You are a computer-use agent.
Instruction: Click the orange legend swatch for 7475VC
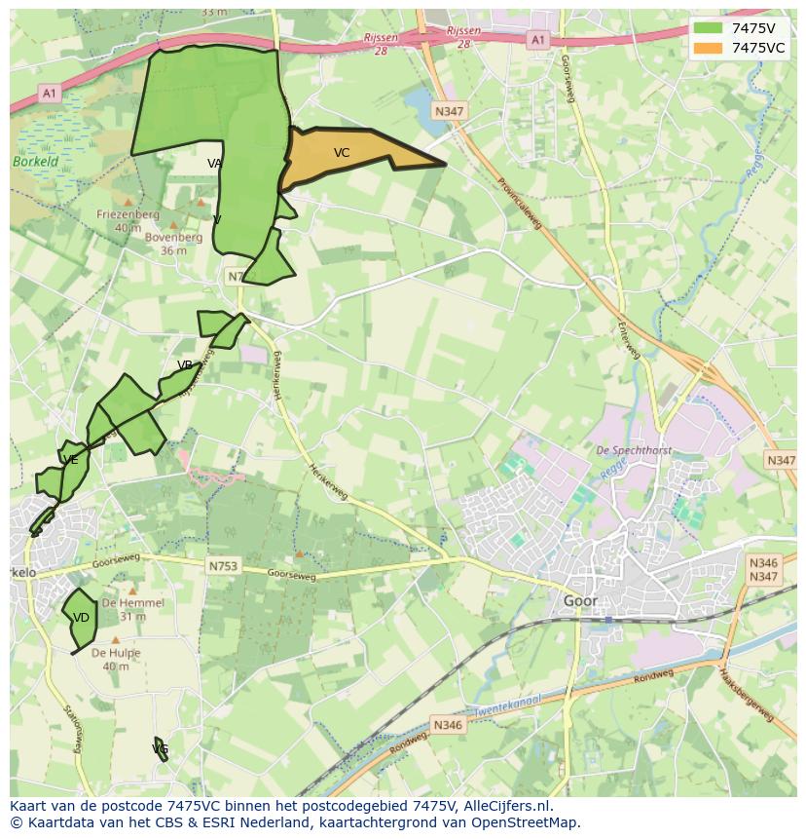[x=708, y=48]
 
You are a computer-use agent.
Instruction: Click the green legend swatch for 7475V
[x=708, y=28]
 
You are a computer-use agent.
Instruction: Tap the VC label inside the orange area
[x=342, y=153]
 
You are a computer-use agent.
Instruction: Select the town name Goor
[x=580, y=601]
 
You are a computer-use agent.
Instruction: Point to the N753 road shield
[x=223, y=565]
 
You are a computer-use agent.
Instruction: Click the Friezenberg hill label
[x=128, y=214]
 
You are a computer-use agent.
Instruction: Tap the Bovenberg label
[x=173, y=237]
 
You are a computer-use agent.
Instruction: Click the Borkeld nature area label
[x=35, y=162]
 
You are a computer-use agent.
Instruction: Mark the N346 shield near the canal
[x=448, y=724]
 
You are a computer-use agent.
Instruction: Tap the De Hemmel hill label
[x=133, y=603]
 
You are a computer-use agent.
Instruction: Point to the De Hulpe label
[x=116, y=653]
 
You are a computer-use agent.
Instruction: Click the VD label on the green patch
[x=81, y=618]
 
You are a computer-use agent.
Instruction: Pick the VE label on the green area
[x=70, y=460]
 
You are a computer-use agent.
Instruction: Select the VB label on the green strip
[x=185, y=365]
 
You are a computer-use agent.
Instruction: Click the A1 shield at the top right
[x=537, y=40]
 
